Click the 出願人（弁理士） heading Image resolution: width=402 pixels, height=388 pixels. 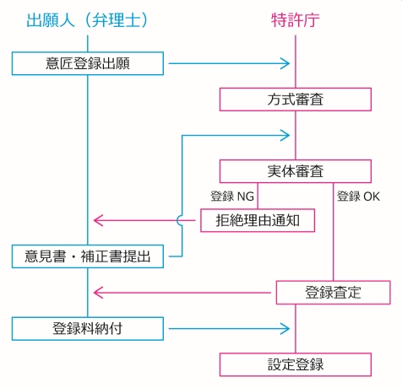pos(87,20)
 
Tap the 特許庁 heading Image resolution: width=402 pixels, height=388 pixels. pos(296,20)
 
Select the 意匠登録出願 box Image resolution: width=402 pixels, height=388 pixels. pos(88,63)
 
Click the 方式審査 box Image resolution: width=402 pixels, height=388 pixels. pos(296,100)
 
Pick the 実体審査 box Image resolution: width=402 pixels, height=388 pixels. pos(296,171)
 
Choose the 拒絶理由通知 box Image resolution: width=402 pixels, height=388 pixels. pos(258,220)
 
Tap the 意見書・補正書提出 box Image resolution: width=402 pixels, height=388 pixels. pos(88,256)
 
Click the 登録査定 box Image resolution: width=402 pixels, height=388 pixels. pos(334,293)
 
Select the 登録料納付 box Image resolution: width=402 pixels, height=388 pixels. pos(88,329)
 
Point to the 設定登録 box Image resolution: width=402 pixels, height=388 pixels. pos(296,364)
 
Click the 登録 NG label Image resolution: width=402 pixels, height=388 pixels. pos(232,197)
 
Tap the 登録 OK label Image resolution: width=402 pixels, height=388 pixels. pos(358,197)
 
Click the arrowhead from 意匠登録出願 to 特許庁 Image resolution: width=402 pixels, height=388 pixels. pos(285,63)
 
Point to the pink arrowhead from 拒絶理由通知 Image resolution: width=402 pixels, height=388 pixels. pos(99,220)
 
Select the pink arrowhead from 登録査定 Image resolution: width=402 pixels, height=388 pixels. pos(99,293)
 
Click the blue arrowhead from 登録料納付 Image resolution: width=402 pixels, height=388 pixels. pos(285,329)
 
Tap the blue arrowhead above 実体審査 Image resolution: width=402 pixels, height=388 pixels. pos(285,135)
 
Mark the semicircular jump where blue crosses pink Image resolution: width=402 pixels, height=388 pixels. pos(179,220)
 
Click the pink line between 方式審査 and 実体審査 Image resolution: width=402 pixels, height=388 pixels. pos(296,135)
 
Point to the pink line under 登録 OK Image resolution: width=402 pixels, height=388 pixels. pos(334,232)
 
